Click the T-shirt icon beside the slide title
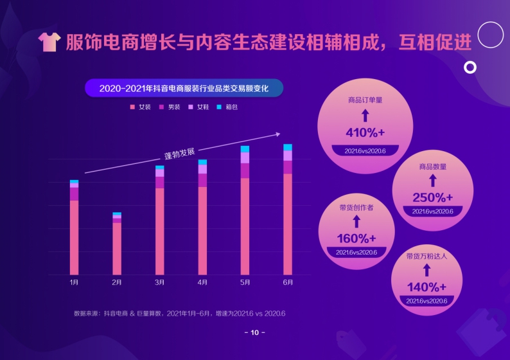pyautogui.click(x=49, y=42)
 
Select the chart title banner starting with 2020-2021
pyautogui.click(x=184, y=88)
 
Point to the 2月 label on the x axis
pyautogui.click(x=117, y=282)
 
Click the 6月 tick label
pyautogui.click(x=288, y=282)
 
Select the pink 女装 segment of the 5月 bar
pyautogui.click(x=245, y=226)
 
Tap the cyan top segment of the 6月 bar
pyautogui.click(x=288, y=148)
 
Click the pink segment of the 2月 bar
pyautogui.click(x=117, y=249)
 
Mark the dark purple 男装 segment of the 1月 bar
pyautogui.click(x=74, y=194)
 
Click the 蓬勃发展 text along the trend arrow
pyautogui.click(x=179, y=154)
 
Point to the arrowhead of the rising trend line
pyautogui.click(x=277, y=134)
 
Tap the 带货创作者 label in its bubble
pyautogui.click(x=356, y=208)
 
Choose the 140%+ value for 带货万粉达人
pyautogui.click(x=426, y=287)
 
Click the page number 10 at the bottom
pyautogui.click(x=254, y=332)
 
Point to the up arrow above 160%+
pyautogui.click(x=356, y=222)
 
